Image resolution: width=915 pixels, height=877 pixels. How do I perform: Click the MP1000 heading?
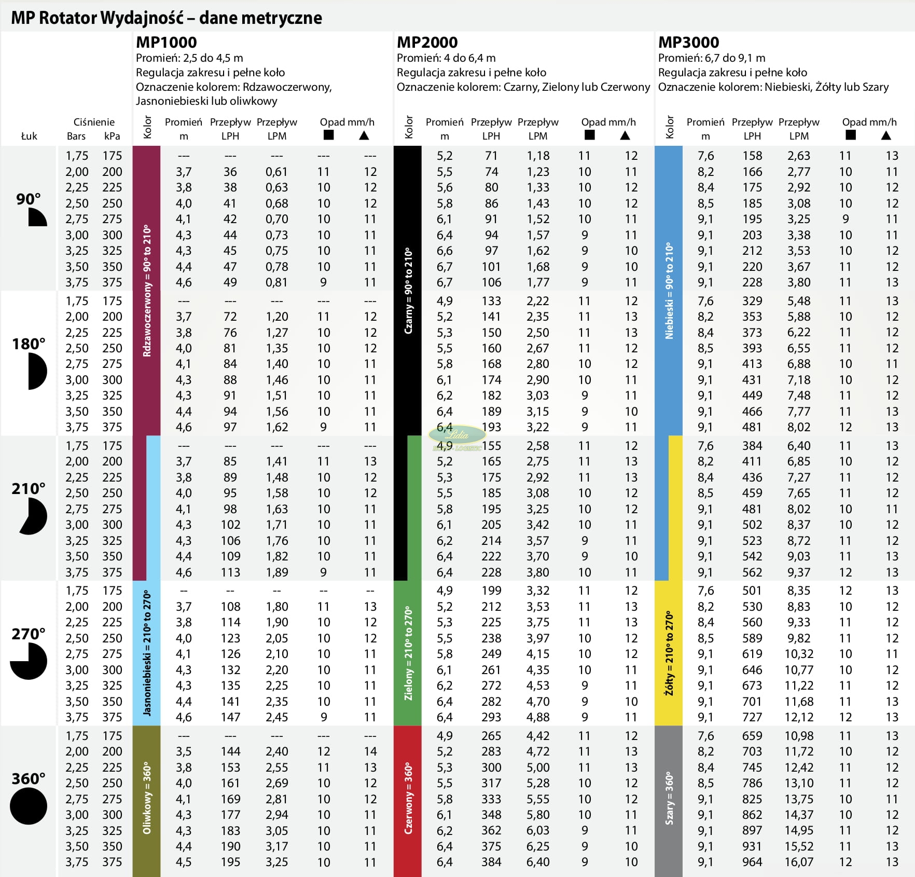pos(166,42)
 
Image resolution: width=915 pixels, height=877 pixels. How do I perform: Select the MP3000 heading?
pos(688,42)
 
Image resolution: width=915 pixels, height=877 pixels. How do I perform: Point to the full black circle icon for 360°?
pos(29,806)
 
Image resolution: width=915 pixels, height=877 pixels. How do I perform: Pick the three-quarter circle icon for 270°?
pos(29,661)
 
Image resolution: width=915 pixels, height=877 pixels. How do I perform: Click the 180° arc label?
pos(29,344)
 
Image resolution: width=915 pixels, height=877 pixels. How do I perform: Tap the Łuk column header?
pos(29,136)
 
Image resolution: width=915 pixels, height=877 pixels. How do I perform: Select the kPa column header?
pos(112,136)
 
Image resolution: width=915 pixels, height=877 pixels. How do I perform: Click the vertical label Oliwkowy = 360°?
pos(147,798)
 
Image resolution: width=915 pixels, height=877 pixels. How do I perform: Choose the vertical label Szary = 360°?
pos(669,798)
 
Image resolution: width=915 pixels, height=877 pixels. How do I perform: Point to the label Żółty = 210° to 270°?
pos(669,653)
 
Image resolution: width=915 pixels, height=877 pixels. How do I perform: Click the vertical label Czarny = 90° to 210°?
pos(408,291)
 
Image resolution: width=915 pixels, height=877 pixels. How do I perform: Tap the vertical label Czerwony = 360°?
pos(408,798)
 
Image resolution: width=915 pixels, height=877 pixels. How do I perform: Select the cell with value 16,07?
pos(799,862)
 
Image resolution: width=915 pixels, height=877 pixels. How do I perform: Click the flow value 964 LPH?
pos(752,862)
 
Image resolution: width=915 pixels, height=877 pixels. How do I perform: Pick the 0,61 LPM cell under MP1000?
pos(276,172)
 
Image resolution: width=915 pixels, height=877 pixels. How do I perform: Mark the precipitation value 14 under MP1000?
pos(370,751)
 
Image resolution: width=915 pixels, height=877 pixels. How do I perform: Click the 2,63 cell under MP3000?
pos(799,156)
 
